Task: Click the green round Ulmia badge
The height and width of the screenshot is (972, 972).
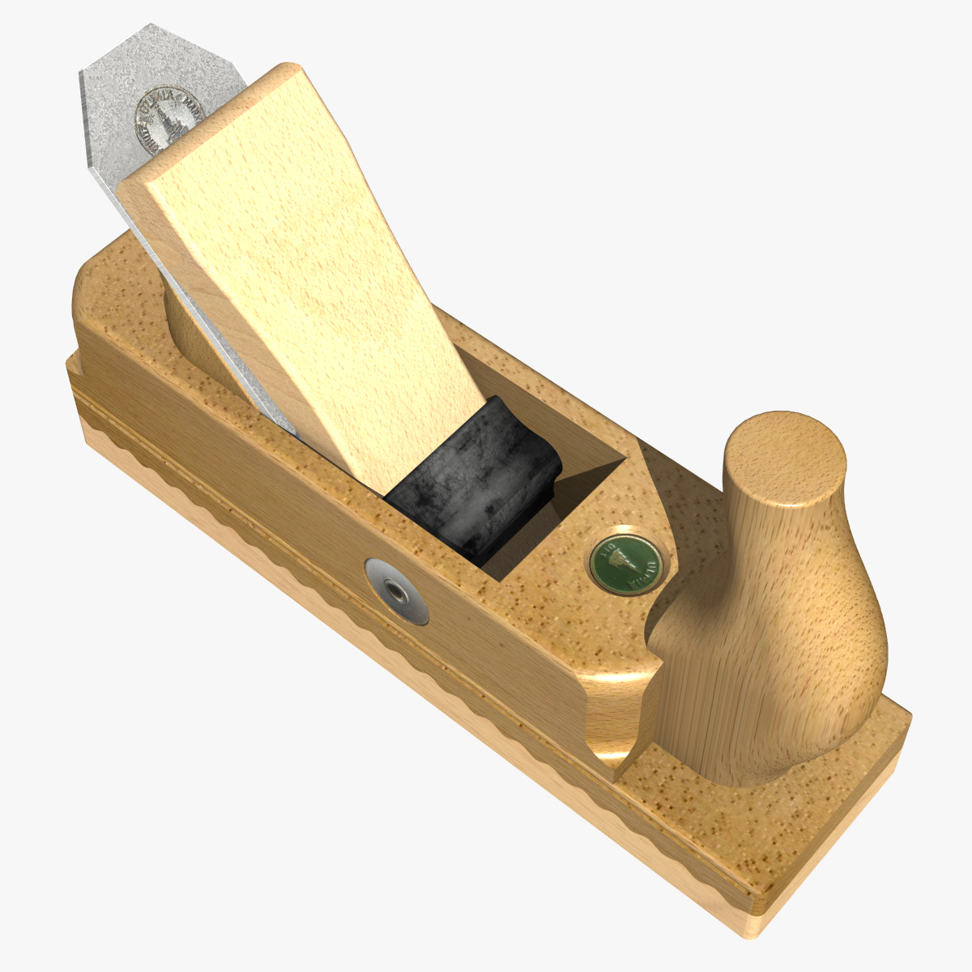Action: [x=624, y=561]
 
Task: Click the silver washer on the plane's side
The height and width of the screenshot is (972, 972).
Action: [x=397, y=591]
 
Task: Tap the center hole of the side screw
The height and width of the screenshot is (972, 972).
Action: [x=397, y=590]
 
